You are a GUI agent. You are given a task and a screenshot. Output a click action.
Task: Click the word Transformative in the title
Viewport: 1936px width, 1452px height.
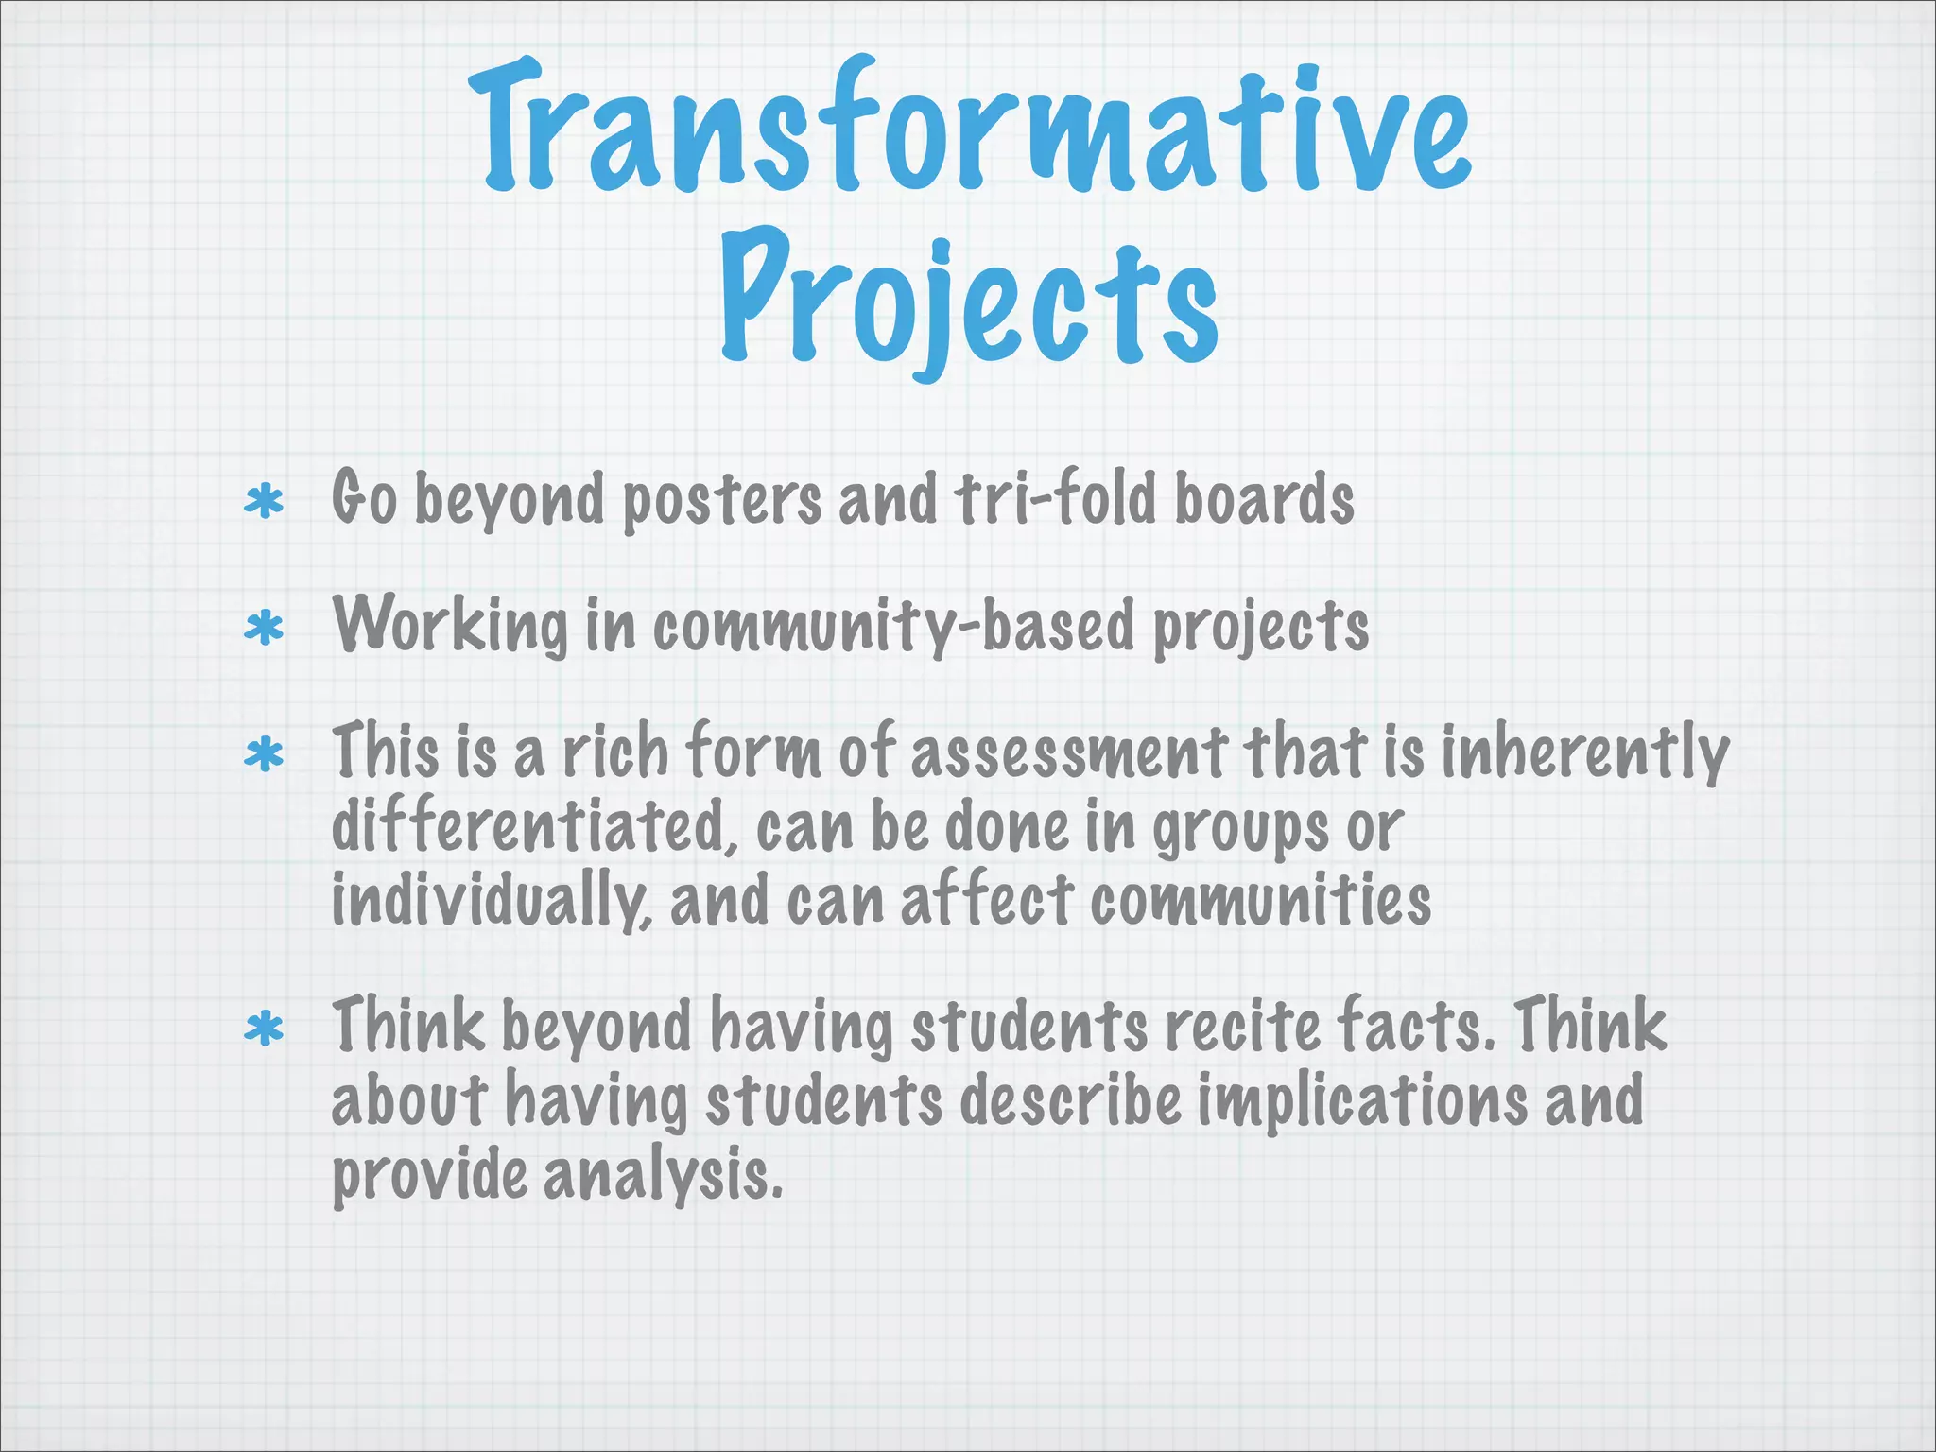pyautogui.click(x=968, y=128)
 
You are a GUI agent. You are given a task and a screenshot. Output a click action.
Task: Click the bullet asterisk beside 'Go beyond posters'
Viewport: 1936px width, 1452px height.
pyautogui.click(x=264, y=502)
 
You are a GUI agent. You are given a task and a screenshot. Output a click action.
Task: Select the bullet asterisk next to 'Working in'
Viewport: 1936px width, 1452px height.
pyautogui.click(x=264, y=628)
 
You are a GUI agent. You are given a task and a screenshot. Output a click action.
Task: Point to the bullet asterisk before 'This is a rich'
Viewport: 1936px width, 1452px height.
pyautogui.click(x=264, y=754)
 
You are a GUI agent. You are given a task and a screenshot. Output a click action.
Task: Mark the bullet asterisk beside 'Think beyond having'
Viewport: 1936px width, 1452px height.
pyautogui.click(x=264, y=1029)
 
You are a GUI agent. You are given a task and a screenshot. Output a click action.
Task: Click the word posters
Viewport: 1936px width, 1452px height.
pyautogui.click(x=721, y=501)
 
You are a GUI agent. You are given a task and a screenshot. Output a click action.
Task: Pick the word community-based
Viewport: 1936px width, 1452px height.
pyautogui.click(x=892, y=626)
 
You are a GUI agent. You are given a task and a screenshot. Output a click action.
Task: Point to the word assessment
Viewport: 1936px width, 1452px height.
pyautogui.click(x=1068, y=752)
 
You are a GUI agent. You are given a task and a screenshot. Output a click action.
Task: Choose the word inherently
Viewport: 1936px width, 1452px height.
pyautogui.click(x=1585, y=754)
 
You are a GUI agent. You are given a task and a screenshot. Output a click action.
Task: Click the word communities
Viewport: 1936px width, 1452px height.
pyautogui.click(x=1260, y=900)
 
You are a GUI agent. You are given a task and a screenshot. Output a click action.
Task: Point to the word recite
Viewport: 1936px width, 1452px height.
pyautogui.click(x=1242, y=1026)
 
